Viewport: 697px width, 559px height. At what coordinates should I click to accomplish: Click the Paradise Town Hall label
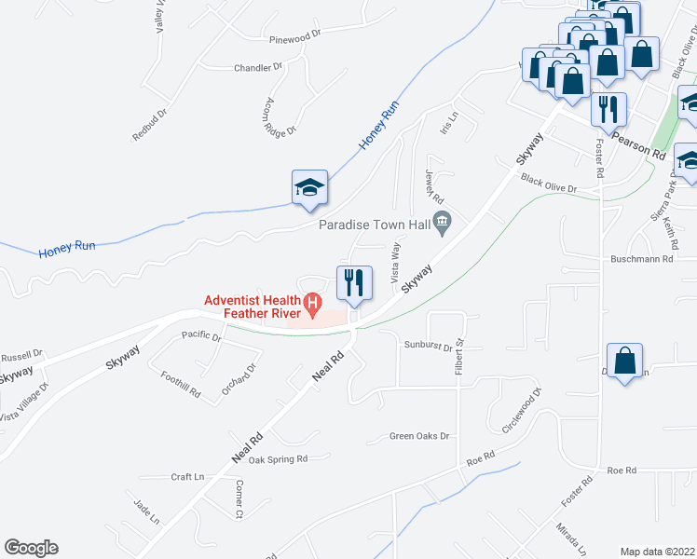coord(372,225)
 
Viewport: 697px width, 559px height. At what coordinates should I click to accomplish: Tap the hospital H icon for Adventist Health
coord(313,303)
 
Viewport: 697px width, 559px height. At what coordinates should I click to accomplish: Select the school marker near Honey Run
coord(309,187)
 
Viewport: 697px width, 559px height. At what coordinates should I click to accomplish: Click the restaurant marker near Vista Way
coord(354,283)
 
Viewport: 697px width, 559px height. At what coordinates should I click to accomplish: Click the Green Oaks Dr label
coord(419,436)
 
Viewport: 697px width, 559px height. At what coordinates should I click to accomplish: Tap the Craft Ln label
coord(187,477)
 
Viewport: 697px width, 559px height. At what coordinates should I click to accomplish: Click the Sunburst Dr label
coord(428,347)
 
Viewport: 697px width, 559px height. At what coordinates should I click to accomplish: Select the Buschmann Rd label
coord(641,260)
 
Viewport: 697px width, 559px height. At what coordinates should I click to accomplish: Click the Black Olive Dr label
coord(549,184)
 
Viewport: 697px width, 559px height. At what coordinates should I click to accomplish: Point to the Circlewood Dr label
coord(521,411)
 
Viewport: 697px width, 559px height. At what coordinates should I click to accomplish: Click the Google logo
coord(31,548)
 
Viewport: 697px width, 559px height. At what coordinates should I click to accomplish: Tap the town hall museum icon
coord(443,224)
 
